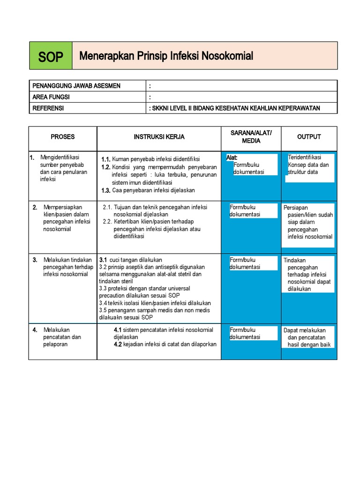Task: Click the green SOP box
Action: [x=51, y=56]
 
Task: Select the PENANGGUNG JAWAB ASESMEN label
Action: [x=76, y=86]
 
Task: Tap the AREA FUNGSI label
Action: [x=51, y=97]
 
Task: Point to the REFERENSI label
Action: [x=48, y=108]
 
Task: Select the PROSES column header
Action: [x=63, y=137]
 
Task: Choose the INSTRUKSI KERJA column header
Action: [x=159, y=137]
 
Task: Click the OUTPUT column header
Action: [x=309, y=137]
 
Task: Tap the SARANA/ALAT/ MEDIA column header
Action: [x=251, y=137]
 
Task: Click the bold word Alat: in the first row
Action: [x=232, y=158]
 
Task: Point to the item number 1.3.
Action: [x=105, y=190]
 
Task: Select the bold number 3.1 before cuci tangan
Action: [x=103, y=260]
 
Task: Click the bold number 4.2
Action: [x=118, y=344]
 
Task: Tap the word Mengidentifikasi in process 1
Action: [x=60, y=157]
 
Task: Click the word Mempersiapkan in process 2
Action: [x=63, y=207]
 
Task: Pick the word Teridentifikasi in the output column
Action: [x=304, y=157]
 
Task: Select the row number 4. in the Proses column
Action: [x=35, y=330]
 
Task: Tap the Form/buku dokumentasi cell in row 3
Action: [x=245, y=263]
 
